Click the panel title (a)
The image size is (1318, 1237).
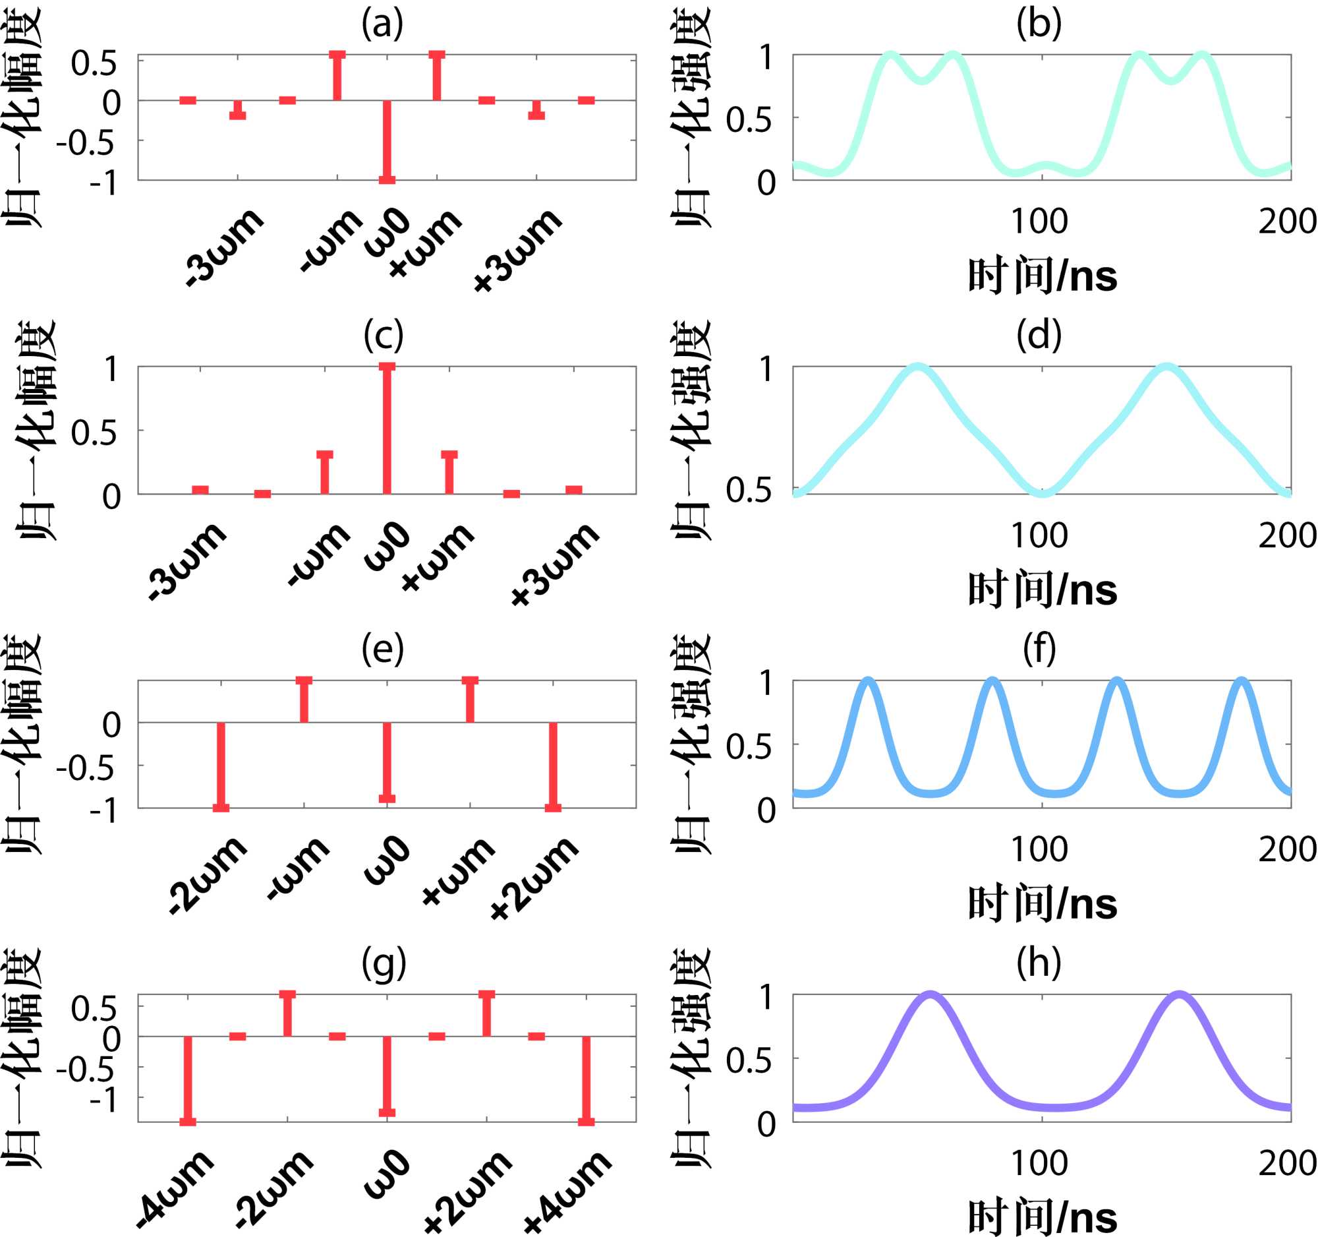(x=382, y=24)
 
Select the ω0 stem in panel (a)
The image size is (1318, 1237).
(x=387, y=140)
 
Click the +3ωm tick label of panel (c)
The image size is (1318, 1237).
(x=556, y=564)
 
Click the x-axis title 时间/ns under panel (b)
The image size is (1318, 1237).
(x=1042, y=276)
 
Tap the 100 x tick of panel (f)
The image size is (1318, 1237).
(x=1039, y=849)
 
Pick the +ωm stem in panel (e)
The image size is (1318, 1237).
(x=470, y=700)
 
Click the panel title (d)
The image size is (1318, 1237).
(x=1039, y=336)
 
